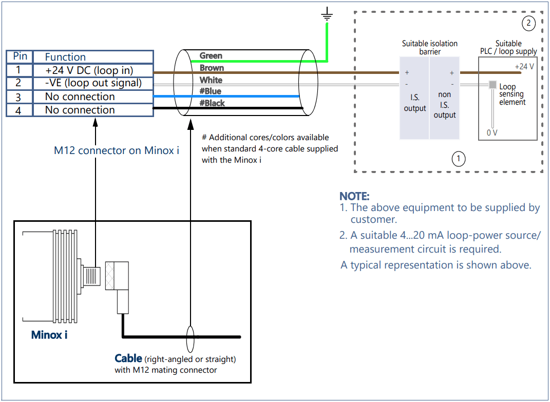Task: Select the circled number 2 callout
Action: pos(528,23)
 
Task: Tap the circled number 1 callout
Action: pos(458,159)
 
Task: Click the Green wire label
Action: pos(211,55)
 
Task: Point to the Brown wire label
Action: pos(212,68)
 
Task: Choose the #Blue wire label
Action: pos(210,91)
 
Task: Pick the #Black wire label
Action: pos(212,103)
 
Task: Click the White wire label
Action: pos(211,80)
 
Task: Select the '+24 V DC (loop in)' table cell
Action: pos(92,70)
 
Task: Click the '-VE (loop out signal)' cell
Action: pos(93,83)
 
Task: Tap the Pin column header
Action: pos(20,56)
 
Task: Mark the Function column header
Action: pos(65,57)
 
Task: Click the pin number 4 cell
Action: pos(18,110)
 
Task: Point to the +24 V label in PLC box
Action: pos(524,67)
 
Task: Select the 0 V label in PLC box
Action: pos(492,133)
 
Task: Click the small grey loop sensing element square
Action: pos(492,85)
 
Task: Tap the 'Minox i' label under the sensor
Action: pos(49,335)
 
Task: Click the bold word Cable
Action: pos(128,358)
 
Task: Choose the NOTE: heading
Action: pos(354,196)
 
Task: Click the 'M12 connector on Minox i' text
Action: pos(117,151)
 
